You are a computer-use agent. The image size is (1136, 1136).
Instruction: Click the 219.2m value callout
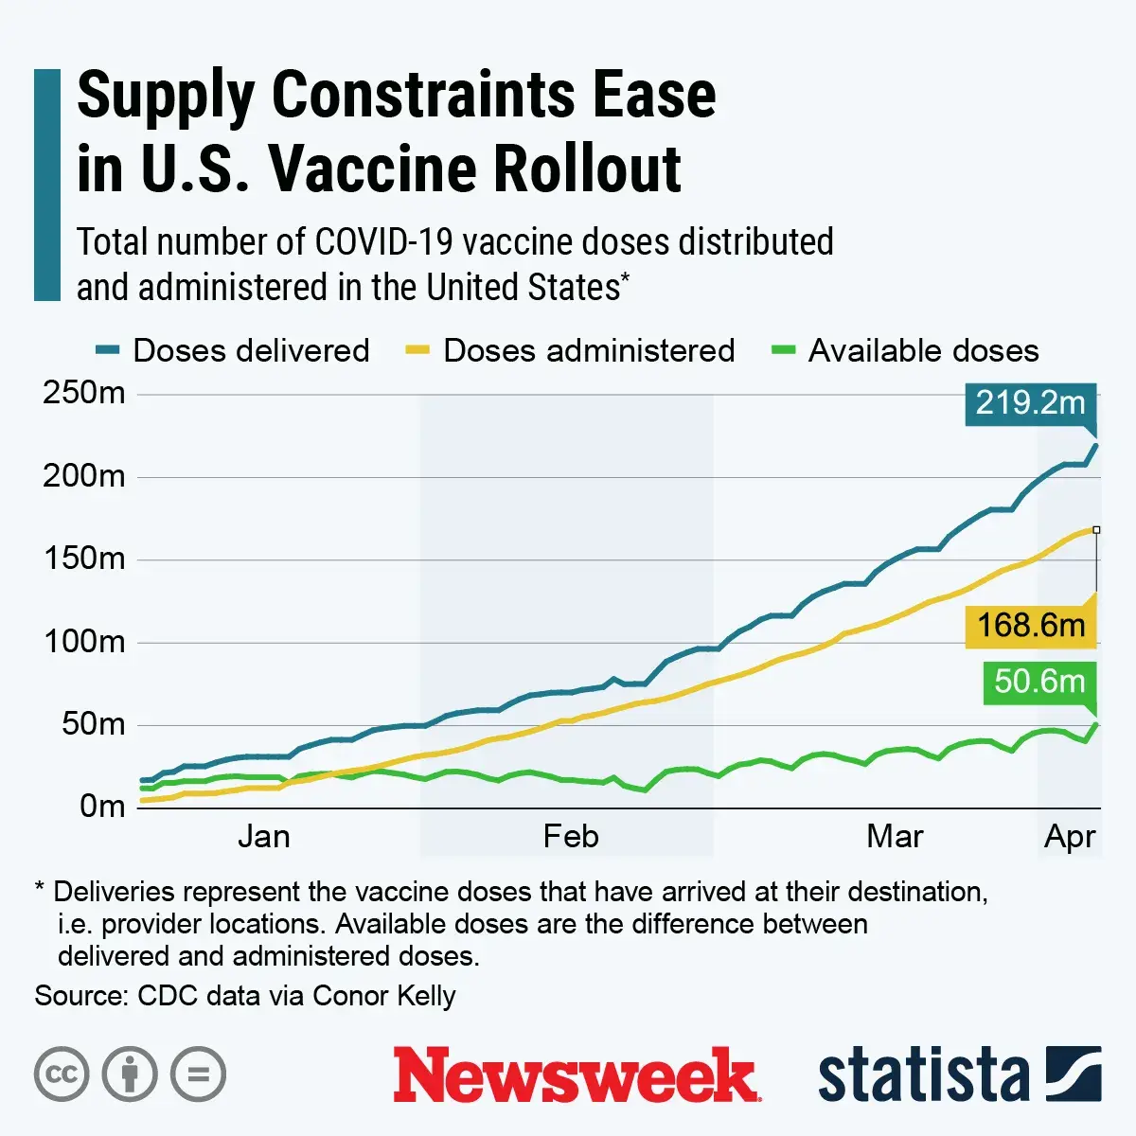pos(1030,403)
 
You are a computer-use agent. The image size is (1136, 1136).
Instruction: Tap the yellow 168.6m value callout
pos(1030,626)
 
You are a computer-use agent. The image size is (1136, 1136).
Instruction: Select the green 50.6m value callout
pos(1038,682)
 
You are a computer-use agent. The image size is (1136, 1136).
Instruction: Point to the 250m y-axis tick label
pos(83,393)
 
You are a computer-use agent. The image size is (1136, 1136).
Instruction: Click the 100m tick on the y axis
pos(83,642)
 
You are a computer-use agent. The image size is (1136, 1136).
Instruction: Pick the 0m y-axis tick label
pos(101,807)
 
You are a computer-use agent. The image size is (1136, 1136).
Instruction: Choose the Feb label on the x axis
pos(571,837)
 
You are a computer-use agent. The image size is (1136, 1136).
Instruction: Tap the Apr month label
pos(1070,837)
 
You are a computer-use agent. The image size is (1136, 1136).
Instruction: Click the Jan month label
pos(263,837)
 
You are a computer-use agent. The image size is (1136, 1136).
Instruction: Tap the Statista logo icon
pos(1074,1074)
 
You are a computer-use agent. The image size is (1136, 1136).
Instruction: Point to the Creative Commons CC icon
pos(62,1075)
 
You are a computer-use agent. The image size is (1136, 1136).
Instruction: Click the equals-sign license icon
pos(198,1075)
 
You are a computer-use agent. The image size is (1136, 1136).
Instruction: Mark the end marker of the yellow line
pos(1096,530)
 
